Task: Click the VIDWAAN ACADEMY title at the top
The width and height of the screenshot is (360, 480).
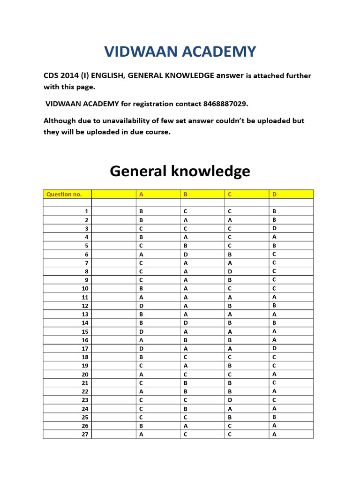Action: tap(180, 51)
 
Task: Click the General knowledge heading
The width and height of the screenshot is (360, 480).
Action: tap(180, 171)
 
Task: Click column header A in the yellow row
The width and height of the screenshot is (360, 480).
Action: tap(141, 194)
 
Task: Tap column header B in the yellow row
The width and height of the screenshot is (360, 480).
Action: tap(186, 194)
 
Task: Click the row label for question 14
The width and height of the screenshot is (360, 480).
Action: tap(85, 323)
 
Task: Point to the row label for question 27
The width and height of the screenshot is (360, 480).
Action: tap(85, 434)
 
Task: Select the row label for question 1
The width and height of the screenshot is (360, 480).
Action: tap(86, 211)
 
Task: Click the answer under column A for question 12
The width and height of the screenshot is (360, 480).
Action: tap(141, 306)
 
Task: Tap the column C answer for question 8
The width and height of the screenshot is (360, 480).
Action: tap(230, 271)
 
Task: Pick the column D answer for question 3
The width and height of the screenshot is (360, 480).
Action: tap(274, 228)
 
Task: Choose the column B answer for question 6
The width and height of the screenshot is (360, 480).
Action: tap(186, 254)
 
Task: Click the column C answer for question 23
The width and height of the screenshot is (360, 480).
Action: tap(230, 400)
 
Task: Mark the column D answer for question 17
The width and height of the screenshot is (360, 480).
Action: tap(274, 348)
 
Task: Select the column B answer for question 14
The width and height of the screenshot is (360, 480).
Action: tap(186, 323)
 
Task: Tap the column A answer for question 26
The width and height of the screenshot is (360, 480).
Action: tap(141, 426)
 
